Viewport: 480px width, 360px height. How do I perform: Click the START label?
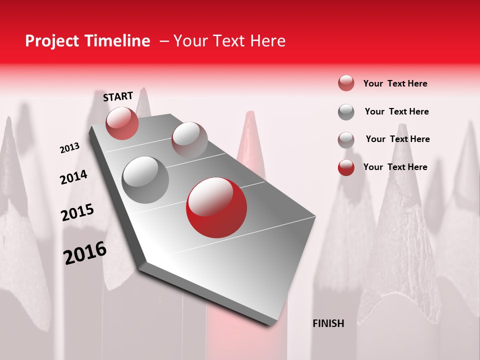118,96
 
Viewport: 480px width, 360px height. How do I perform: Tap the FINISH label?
328,323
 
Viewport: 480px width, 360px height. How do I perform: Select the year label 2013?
69,148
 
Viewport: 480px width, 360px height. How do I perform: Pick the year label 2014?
73,177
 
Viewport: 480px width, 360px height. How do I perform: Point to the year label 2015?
77,212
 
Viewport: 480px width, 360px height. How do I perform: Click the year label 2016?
85,253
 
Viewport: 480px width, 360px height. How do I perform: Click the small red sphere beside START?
122,123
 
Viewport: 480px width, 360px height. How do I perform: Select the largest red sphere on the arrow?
216,207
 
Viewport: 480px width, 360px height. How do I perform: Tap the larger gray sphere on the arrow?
145,179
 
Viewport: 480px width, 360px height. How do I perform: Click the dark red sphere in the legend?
346,167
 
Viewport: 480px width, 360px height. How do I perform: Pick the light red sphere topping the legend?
346,83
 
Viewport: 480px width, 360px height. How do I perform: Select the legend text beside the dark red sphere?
395,167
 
